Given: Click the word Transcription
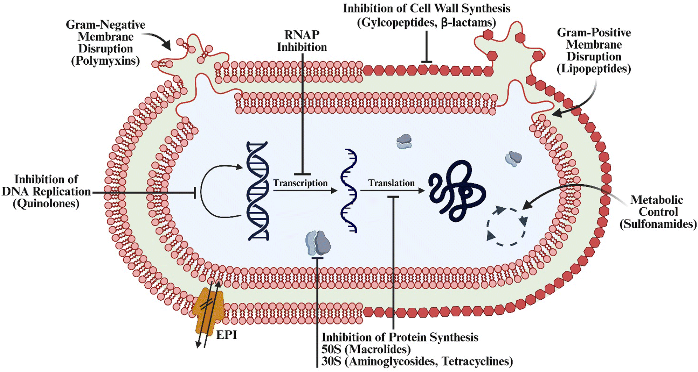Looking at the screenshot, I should [x=300, y=183].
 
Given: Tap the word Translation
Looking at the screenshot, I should [x=391, y=183].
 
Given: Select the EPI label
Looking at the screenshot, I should [x=227, y=335].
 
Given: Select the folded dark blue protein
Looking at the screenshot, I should [x=457, y=191].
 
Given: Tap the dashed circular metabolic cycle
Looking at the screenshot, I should [x=506, y=227].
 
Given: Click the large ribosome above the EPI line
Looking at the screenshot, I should [x=318, y=243].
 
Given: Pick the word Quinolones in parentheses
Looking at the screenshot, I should [x=46, y=203].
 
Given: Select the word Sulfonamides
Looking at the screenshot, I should [x=658, y=224].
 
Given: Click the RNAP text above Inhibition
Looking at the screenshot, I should [x=302, y=35].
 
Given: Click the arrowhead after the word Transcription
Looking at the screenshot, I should [x=334, y=191].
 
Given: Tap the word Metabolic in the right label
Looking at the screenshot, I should [x=656, y=200].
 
